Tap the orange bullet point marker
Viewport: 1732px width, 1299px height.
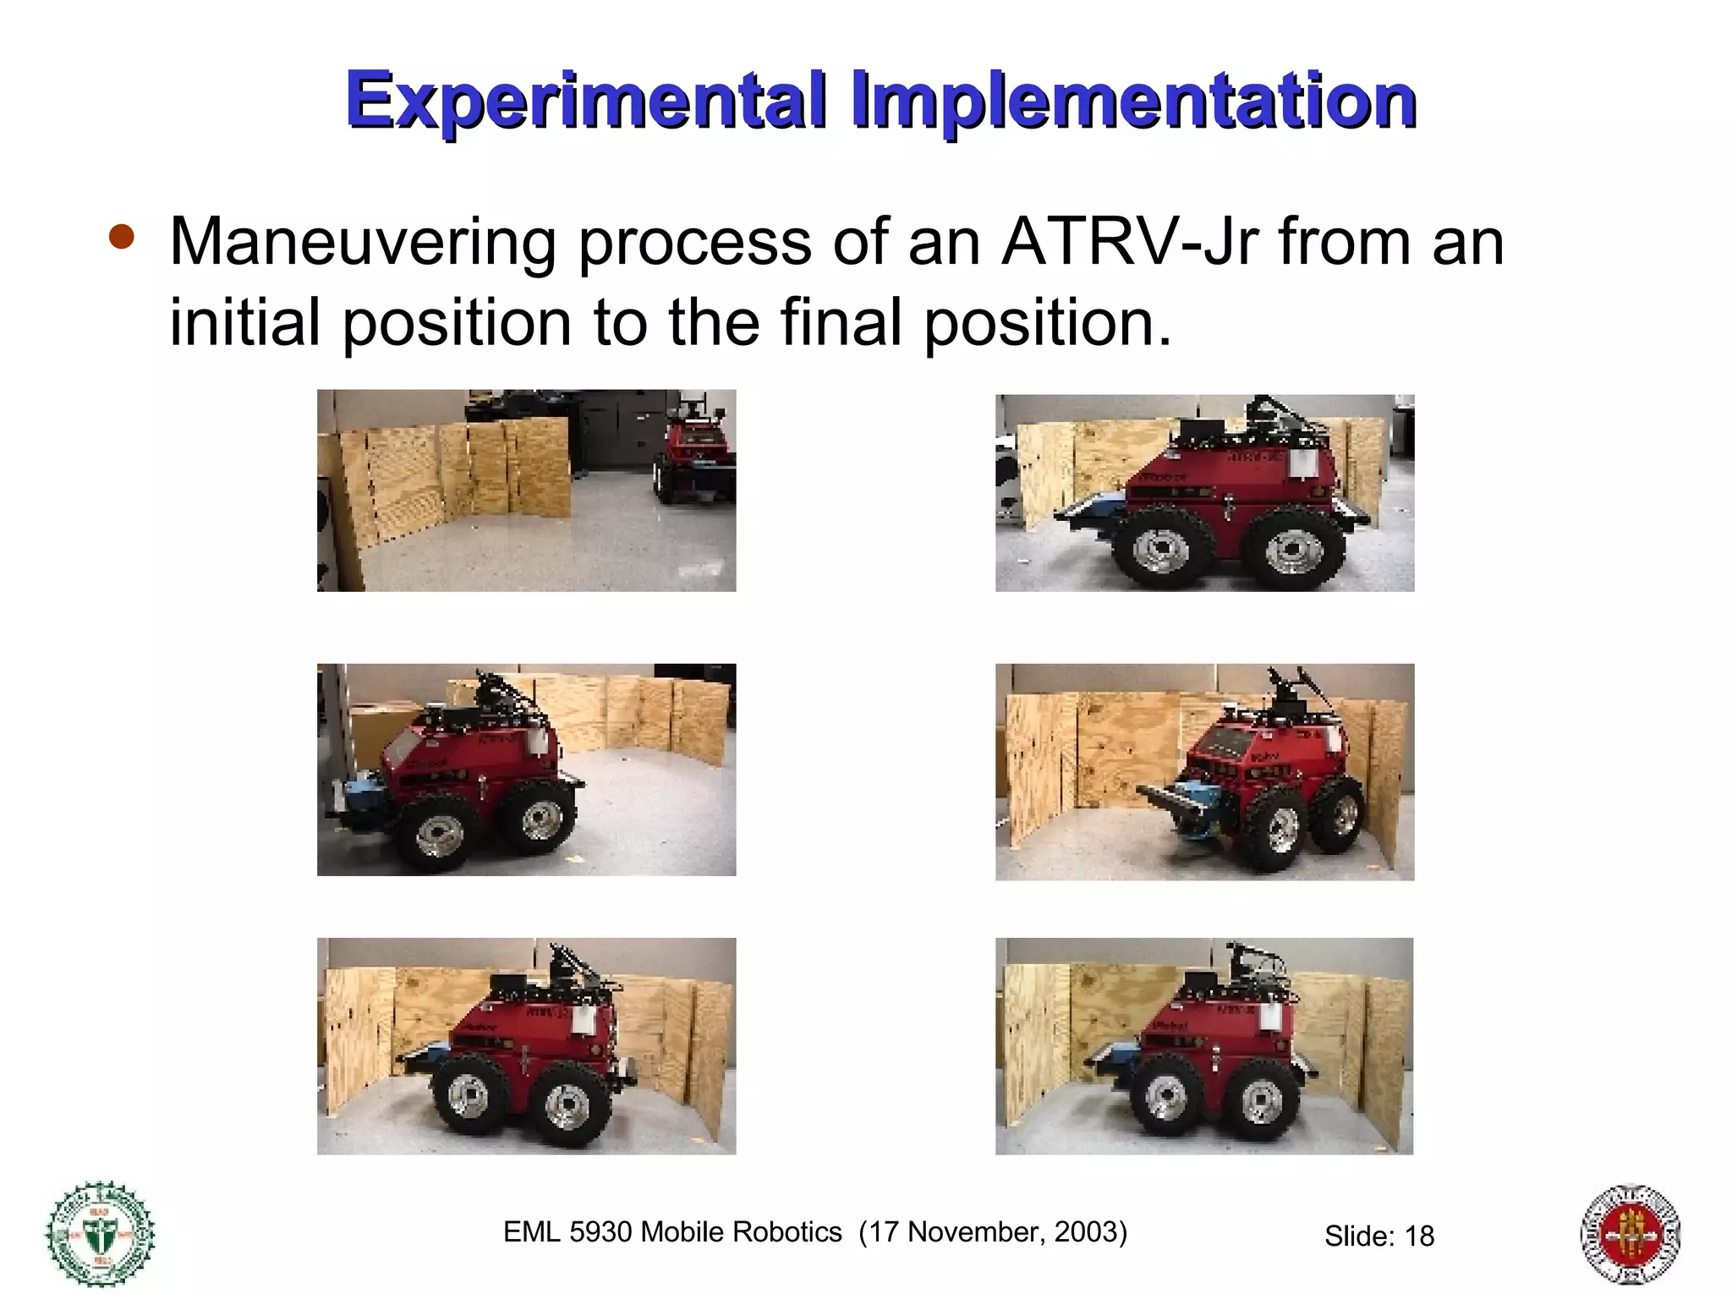tap(122, 238)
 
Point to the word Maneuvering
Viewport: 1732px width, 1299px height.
tap(363, 243)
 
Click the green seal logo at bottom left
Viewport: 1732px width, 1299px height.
tap(100, 1233)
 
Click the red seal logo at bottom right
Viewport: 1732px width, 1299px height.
tap(1631, 1234)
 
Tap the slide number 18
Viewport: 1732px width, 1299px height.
tap(1419, 1236)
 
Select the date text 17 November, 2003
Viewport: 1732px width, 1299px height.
tap(993, 1232)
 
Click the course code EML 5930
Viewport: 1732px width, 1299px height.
tap(567, 1232)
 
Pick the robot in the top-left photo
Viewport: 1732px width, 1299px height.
tap(695, 457)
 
